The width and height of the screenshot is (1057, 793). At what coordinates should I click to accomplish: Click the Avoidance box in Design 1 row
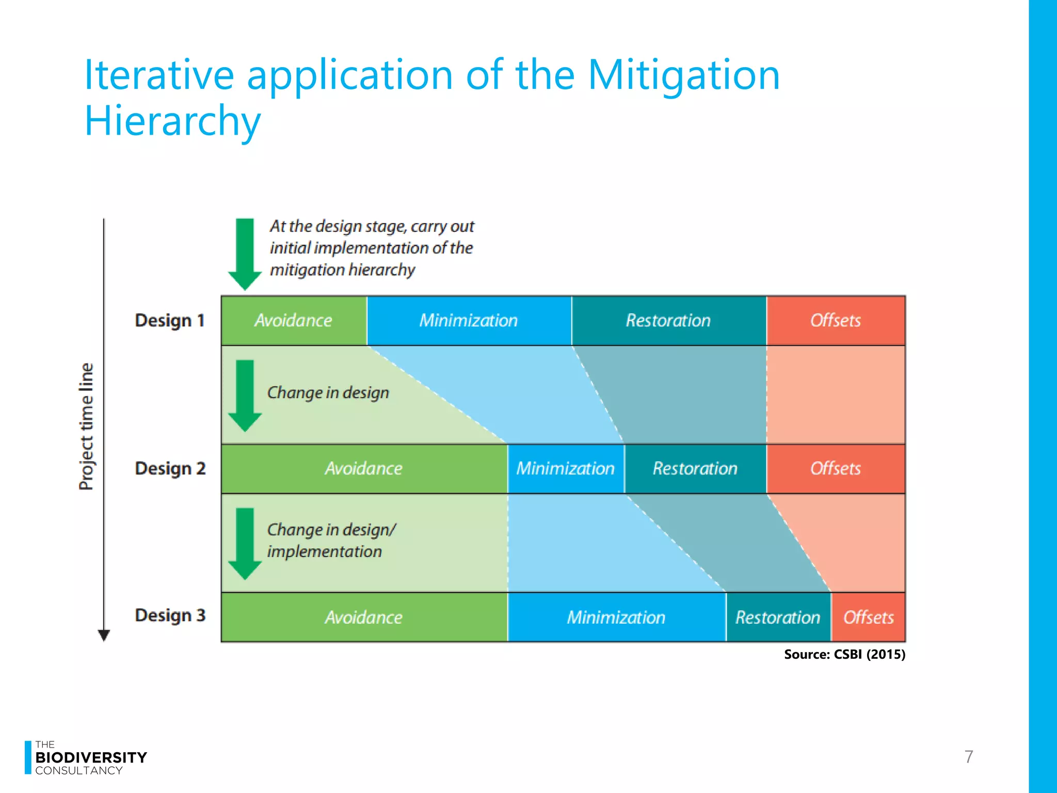pos(294,321)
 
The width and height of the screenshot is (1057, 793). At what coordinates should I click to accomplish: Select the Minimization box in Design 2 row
pos(566,469)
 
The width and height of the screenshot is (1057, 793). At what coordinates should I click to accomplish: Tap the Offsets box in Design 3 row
pos(868,617)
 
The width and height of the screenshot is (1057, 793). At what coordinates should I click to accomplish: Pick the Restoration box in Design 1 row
pos(668,321)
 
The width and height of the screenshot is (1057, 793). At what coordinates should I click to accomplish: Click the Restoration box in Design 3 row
pos(778,617)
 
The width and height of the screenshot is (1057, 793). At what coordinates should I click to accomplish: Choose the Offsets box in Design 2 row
pos(836,469)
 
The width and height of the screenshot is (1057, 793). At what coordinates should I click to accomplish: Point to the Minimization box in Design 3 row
pos(616,617)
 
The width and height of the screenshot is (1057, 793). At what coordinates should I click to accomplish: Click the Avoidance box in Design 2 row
pos(364,469)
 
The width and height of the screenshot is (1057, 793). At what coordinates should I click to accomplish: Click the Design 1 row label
pos(170,321)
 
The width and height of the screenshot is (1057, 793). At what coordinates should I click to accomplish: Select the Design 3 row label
pos(170,615)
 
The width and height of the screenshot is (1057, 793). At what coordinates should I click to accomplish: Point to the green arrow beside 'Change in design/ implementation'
pos(245,544)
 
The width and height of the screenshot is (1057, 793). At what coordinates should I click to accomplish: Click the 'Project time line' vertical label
pos(87,426)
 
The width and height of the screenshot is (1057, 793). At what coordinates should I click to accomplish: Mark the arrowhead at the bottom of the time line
pos(104,636)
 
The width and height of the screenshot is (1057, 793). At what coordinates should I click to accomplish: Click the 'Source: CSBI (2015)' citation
pos(844,655)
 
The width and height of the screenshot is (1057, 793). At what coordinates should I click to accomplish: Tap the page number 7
pos(969,757)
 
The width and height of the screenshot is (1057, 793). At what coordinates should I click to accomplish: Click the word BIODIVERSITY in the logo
pos(91,757)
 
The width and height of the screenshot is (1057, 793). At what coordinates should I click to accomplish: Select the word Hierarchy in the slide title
pos(172,121)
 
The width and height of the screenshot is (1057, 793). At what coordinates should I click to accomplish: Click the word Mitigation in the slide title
pos(683,75)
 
